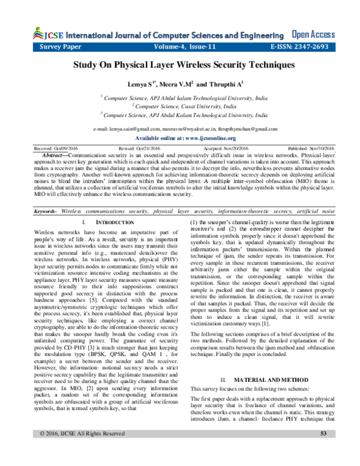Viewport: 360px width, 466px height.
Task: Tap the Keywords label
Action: [45, 211]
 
